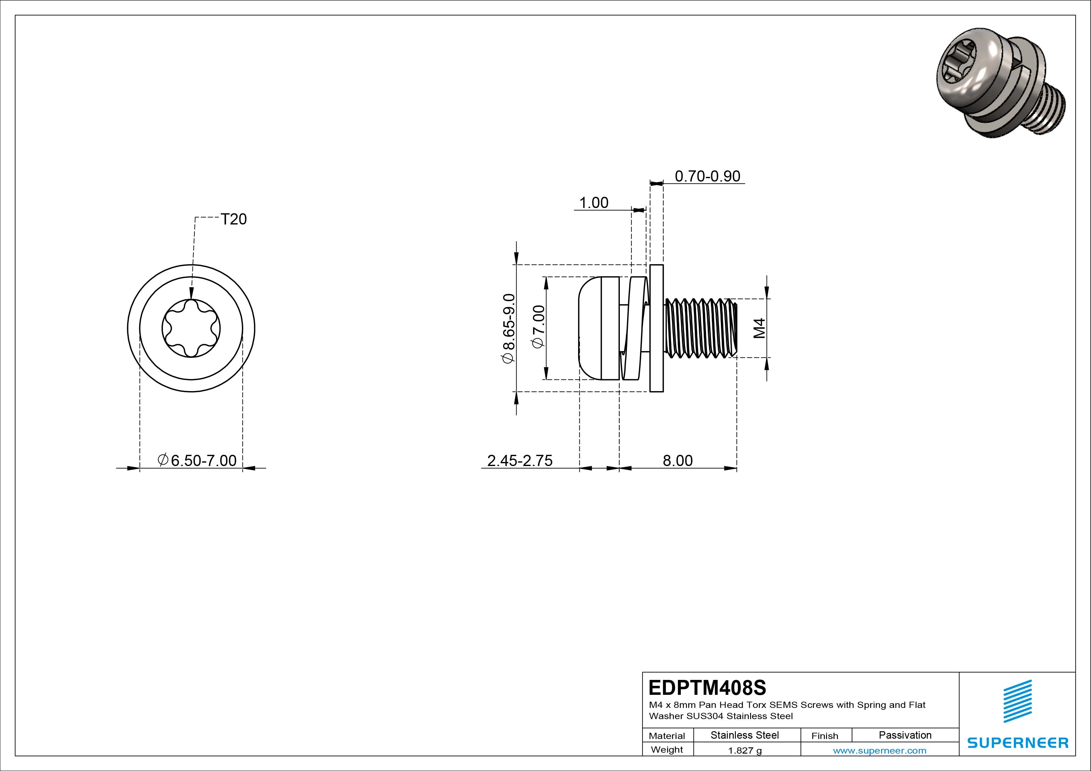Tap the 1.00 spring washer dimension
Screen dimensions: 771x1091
[x=593, y=203]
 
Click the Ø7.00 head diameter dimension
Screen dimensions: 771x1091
[x=539, y=327]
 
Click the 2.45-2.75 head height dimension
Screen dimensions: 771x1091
[x=520, y=460]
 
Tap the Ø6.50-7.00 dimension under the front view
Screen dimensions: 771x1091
[x=197, y=460]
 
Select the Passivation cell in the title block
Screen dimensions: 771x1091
[x=905, y=735]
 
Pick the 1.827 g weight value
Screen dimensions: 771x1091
[x=745, y=750]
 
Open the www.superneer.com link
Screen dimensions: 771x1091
[x=879, y=750]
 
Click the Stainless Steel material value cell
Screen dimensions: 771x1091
[x=745, y=735]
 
